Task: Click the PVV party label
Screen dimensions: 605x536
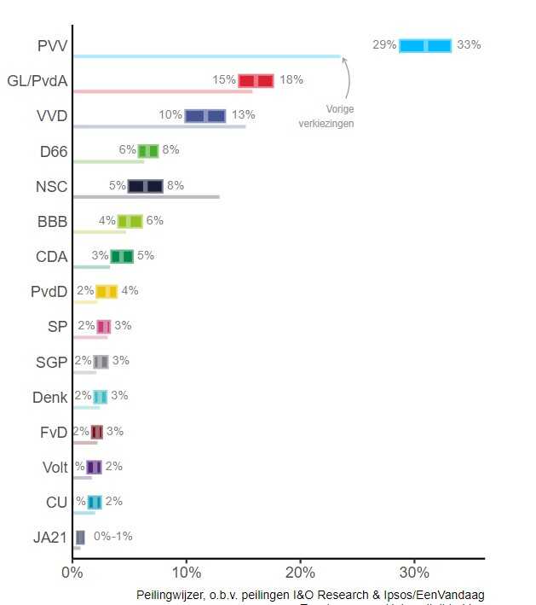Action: click(52, 45)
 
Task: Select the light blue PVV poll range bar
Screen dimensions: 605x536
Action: click(425, 45)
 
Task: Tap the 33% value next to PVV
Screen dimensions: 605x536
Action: click(469, 45)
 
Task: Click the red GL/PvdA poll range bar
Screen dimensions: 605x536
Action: click(256, 80)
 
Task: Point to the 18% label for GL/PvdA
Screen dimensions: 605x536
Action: click(291, 80)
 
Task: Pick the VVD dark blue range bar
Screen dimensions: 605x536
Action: click(205, 116)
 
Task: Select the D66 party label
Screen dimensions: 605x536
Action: click(53, 151)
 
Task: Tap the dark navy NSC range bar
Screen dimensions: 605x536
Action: click(145, 186)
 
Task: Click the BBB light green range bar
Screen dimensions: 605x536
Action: click(130, 221)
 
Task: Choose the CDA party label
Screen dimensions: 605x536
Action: click(51, 256)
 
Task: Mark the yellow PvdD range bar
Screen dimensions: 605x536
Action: click(107, 291)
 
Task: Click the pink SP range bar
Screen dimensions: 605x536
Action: click(104, 326)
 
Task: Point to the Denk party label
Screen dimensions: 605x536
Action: click(49, 397)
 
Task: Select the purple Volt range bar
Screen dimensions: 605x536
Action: click(94, 467)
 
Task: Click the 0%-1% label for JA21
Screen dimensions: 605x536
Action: click(113, 537)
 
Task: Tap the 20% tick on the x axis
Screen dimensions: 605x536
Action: click(300, 573)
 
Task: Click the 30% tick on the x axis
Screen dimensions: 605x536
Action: click(414, 573)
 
